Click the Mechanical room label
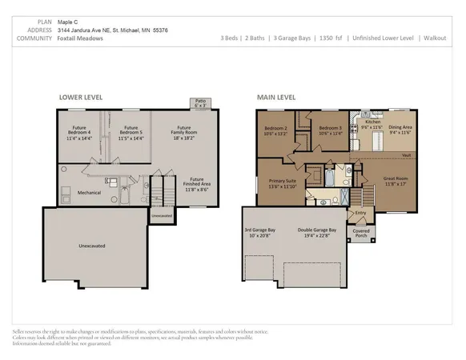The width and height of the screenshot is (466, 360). click(88, 192)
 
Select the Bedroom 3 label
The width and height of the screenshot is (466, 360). click(329, 130)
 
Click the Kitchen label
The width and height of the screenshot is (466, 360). click(372, 126)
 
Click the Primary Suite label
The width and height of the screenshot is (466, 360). click(280, 183)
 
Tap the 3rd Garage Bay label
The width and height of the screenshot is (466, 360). click(263, 232)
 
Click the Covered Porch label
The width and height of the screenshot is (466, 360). click(361, 233)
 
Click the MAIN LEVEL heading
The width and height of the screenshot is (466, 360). click(276, 97)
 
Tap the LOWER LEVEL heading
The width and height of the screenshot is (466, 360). click(81, 97)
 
